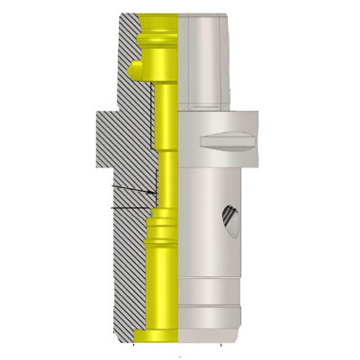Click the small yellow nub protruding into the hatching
pos(135,67)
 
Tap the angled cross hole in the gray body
pos(230,220)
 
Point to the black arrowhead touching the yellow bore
pos(151,193)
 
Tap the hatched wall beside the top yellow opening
pos(126,31)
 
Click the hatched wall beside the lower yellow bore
pos(126,288)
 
